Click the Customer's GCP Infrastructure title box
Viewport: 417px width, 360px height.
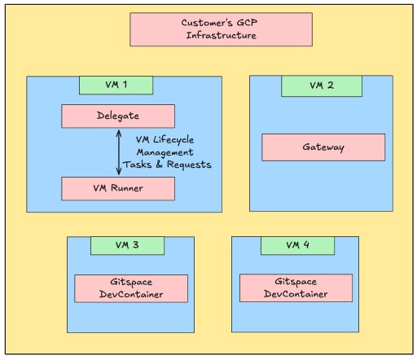coord(221,29)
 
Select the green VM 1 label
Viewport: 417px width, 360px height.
coord(116,86)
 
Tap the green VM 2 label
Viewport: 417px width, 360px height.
coord(322,86)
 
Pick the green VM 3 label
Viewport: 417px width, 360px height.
coord(127,245)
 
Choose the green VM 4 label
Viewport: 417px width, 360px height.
coord(297,245)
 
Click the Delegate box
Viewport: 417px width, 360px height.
coord(118,116)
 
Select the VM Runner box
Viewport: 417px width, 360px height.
coord(118,189)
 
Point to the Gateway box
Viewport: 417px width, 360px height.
coord(323,147)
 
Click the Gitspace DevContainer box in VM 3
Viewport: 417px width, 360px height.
coord(131,288)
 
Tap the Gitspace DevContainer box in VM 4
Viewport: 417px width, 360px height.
coord(296,288)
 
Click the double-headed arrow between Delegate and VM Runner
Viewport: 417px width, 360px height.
coord(119,152)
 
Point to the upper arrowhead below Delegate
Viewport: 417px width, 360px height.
coord(119,132)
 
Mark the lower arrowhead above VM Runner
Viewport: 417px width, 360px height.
coord(119,172)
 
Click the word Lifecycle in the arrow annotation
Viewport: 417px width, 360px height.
coord(173,140)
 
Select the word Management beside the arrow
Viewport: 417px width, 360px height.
coord(165,152)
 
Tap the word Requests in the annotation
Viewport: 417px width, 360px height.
coord(189,165)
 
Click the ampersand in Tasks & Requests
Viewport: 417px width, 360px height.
coord(159,165)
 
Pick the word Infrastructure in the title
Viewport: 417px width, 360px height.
coord(222,35)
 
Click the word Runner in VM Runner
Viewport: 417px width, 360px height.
coord(127,188)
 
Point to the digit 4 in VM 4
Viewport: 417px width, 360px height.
coord(306,245)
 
